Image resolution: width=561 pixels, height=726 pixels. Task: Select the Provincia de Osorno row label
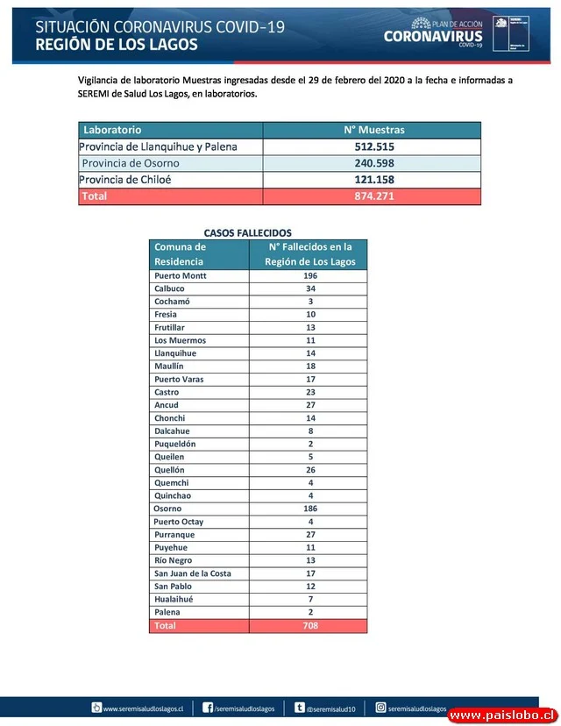coord(131,163)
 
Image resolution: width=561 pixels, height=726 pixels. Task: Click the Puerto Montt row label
coord(180,275)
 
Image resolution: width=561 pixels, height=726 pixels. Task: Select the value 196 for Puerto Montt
coord(309,275)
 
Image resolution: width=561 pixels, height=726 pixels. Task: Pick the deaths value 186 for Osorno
coord(309,509)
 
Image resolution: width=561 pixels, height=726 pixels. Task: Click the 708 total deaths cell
coord(309,626)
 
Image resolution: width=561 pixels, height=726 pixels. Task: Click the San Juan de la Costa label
coord(192,573)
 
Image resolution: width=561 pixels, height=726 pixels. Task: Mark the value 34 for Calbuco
coord(309,288)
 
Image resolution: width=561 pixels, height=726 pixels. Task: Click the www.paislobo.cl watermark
coord(501,715)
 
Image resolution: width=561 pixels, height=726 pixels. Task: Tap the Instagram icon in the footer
coord(381,708)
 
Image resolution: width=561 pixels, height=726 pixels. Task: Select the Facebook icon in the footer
coord(208,708)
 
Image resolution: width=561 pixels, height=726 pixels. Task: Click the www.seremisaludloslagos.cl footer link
coord(142,708)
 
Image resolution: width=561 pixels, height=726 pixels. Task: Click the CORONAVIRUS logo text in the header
coord(433,36)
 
